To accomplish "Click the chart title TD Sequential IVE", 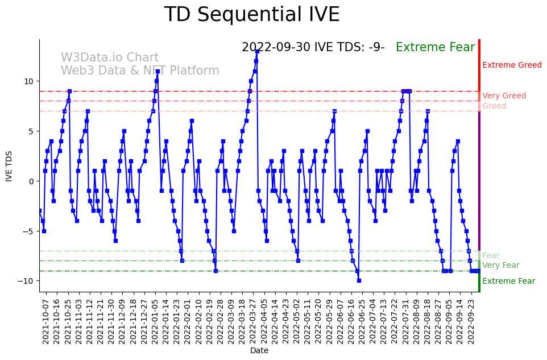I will pos(252,15).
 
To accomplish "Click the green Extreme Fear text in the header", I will pos(435,48).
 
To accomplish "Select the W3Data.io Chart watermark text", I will pos(110,58).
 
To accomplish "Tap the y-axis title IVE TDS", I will pos(9,165).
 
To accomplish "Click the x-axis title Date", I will pos(259,351).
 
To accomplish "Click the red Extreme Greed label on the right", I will pos(512,65).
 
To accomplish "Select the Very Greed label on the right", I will pos(504,96).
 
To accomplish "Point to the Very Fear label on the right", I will pos(500,266).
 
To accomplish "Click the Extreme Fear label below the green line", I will pos(508,282).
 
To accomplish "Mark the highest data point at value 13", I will pos(257,51).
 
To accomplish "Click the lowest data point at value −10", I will pos(359,280).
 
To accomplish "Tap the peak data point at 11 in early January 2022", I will pos(158,72).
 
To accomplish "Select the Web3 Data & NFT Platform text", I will pos(140,71).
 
